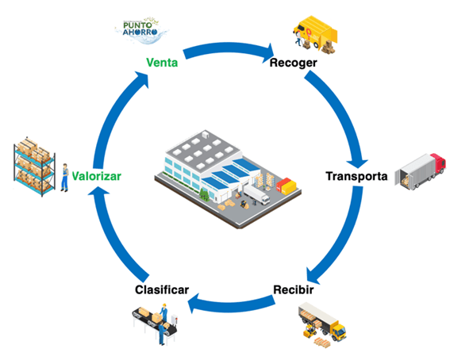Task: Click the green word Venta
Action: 162,62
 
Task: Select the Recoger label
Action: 294,63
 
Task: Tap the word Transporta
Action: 356,176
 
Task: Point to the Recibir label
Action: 294,289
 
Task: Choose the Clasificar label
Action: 162,289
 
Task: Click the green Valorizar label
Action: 97,176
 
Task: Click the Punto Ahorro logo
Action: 141,30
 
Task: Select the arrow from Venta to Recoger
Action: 228,48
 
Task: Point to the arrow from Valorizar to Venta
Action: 114,115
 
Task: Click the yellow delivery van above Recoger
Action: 316,34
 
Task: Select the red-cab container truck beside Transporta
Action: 421,171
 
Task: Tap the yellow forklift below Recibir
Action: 310,331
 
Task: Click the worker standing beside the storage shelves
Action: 65,178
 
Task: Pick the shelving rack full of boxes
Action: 34,167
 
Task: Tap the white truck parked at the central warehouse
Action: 256,194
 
